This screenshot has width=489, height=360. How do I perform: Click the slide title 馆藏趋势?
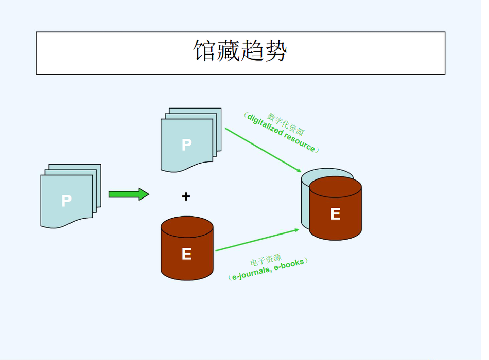tap(240, 51)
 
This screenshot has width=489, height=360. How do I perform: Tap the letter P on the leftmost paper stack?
tap(66, 201)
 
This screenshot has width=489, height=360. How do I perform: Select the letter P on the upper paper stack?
tap(186, 145)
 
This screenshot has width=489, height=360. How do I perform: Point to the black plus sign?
tap(186, 196)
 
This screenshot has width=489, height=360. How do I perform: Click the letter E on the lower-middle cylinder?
tap(186, 254)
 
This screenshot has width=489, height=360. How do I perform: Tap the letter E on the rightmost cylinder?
tap(335, 213)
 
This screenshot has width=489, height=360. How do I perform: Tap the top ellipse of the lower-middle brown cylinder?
tap(187, 226)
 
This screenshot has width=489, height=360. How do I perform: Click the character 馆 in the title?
tap(204, 51)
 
